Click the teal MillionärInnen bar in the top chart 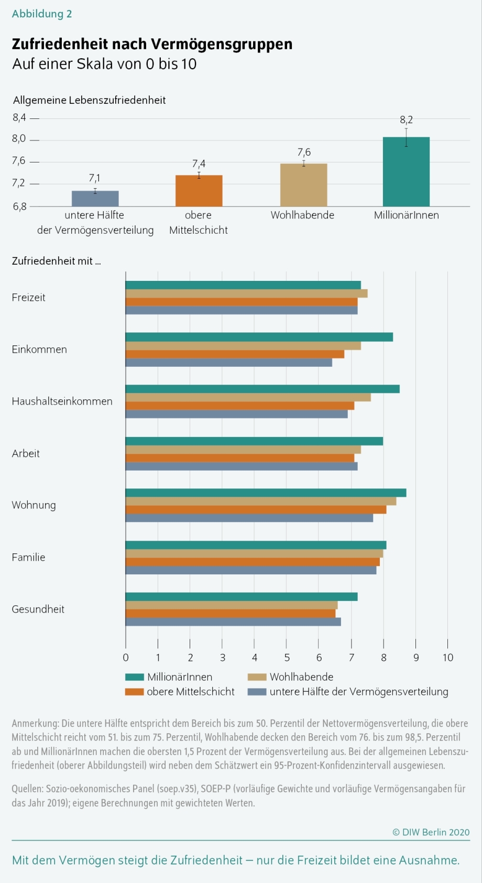406,172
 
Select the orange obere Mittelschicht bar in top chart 199,191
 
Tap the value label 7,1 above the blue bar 95,178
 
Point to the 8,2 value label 406,120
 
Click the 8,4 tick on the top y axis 19,118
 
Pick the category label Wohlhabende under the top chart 302,215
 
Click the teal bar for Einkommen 259,337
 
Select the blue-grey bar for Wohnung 249,518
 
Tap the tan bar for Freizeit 246,293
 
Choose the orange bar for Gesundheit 231,613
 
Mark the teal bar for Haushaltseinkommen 262,389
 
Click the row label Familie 28,557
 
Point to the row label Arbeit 26,453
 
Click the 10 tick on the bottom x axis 448,657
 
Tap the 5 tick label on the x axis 287,657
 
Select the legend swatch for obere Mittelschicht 134,692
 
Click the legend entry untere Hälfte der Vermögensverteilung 359,692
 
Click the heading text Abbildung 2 42,14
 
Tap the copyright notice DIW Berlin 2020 431,832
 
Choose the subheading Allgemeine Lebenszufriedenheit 89,100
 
